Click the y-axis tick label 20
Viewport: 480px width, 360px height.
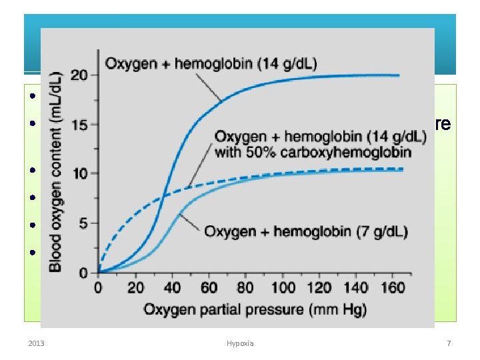point(79,75)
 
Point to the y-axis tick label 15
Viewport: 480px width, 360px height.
point(79,125)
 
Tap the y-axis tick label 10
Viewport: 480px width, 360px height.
point(79,173)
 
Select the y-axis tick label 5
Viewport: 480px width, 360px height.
point(83,223)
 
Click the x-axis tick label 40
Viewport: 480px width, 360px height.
point(172,288)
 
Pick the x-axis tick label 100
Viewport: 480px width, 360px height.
point(284,288)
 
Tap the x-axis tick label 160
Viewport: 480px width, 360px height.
point(395,288)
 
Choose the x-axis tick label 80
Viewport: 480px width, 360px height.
point(245,288)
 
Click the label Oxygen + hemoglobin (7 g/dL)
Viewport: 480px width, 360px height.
point(306,232)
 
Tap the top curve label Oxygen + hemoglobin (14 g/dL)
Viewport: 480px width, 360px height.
point(211,63)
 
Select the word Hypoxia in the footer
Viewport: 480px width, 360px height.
point(239,344)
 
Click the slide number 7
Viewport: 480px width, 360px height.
point(449,344)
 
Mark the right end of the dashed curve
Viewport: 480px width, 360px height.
point(403,169)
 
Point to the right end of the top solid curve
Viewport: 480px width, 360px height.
point(399,75)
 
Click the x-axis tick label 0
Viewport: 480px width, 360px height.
point(99,288)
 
